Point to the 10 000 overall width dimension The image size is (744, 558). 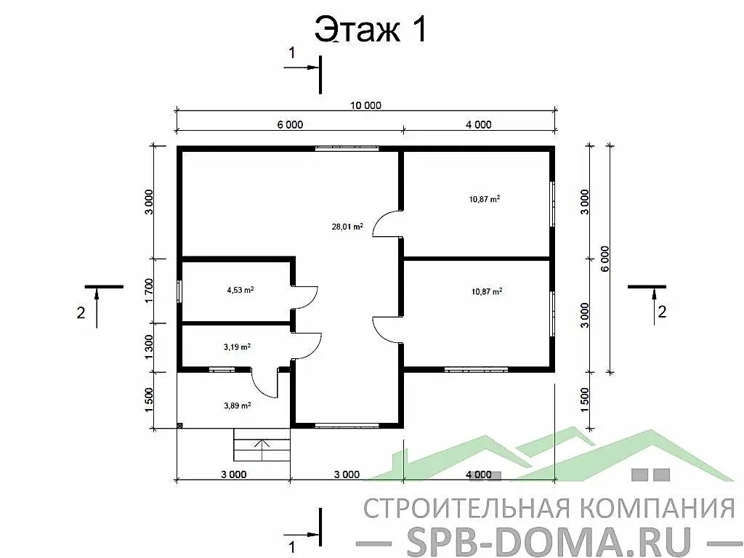[x=365, y=105]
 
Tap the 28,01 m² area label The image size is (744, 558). [x=347, y=227]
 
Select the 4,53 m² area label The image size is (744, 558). [x=240, y=290]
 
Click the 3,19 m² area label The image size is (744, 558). [x=238, y=347]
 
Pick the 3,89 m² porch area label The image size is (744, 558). [x=238, y=405]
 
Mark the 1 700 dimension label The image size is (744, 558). [x=149, y=291]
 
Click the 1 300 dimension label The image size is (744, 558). [x=149, y=347]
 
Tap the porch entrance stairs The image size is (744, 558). [x=261, y=444]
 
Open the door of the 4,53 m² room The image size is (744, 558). [x=305, y=297]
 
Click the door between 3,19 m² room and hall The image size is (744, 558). [x=307, y=344]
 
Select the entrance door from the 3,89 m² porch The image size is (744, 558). [x=265, y=382]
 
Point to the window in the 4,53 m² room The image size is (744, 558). [x=179, y=290]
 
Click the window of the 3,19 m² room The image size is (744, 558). [x=222, y=370]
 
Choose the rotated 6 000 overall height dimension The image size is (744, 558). [x=605, y=259]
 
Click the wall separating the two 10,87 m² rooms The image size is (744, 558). [x=476, y=258]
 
